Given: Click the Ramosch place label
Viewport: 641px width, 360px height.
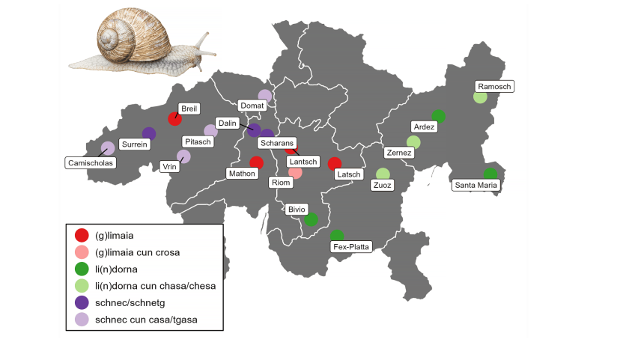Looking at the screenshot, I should click(494, 86).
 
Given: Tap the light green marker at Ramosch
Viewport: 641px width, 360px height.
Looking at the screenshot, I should click(480, 97).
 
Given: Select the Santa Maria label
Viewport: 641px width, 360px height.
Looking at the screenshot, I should click(476, 186).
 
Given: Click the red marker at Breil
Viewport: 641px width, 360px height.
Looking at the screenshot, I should click(175, 118).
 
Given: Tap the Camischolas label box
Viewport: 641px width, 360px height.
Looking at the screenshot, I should click(89, 162).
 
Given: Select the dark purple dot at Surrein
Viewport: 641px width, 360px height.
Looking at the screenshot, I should click(149, 133).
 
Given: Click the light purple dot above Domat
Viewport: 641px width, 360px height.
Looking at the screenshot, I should click(264, 96).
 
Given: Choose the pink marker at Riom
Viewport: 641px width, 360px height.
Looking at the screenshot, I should click(296, 173).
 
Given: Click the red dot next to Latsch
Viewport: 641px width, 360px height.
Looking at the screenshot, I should click(335, 163).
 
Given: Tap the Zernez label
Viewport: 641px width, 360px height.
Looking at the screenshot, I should click(398, 153).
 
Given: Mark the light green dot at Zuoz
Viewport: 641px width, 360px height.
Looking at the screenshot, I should click(383, 174).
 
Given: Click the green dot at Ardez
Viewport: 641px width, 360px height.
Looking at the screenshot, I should click(439, 116).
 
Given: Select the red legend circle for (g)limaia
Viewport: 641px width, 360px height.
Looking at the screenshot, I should click(82, 236).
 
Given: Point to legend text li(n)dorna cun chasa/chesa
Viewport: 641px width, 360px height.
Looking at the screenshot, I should click(156, 286).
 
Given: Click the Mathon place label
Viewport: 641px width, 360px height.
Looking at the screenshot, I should click(241, 173).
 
